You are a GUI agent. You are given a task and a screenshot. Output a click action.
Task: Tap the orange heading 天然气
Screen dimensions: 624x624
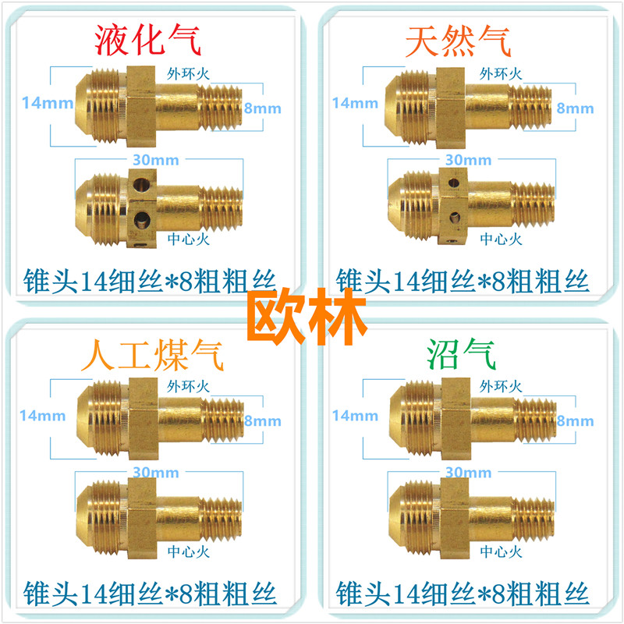click(x=458, y=40)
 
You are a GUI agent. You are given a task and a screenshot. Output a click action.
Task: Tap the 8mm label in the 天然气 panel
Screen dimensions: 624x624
click(x=575, y=108)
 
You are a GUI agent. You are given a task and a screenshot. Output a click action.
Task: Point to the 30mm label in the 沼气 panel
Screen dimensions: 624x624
click(x=468, y=473)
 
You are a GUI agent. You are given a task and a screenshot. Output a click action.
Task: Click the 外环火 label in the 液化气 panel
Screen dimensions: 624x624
click(x=189, y=74)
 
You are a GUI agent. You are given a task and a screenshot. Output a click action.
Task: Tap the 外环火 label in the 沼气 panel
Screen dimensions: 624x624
click(x=500, y=385)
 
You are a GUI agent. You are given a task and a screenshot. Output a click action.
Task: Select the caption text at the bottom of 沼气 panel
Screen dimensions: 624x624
click(x=463, y=590)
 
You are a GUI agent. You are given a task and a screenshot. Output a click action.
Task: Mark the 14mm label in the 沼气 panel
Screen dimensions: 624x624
click(x=353, y=416)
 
